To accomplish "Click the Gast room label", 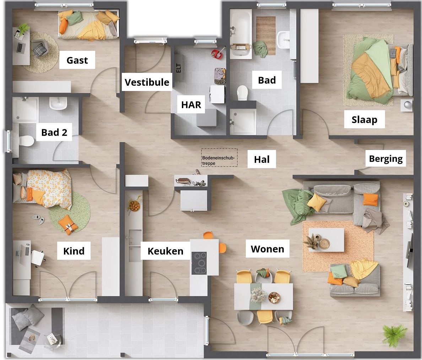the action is [77, 60].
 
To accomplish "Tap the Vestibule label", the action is [147, 82].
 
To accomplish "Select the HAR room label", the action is [191, 104].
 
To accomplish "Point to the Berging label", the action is [386, 158].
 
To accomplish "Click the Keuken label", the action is [165, 251].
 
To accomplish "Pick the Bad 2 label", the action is [54, 132].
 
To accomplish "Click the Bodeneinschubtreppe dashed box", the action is [219, 157].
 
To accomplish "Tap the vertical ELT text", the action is [178, 68].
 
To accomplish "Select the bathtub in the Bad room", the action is [240, 34].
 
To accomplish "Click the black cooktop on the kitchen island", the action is [199, 263].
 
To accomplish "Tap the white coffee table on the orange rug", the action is [326, 240].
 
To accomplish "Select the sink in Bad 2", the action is [58, 103].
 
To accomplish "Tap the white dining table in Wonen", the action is [264, 296].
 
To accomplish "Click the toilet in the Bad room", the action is [242, 92].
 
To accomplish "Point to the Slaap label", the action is [364, 119].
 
